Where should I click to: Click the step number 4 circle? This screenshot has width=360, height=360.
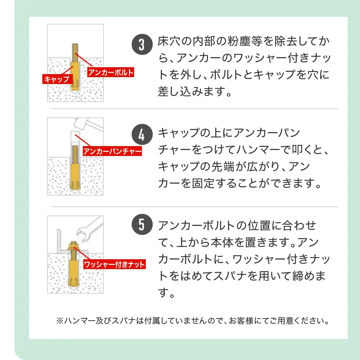click(x=142, y=135)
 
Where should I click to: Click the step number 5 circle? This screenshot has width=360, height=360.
click(x=142, y=224)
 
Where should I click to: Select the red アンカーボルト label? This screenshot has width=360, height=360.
click(x=111, y=72)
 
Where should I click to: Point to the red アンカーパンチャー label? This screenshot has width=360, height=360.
click(x=112, y=151)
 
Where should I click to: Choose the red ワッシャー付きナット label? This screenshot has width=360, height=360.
click(x=114, y=264)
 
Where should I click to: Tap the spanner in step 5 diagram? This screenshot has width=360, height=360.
click(x=89, y=231)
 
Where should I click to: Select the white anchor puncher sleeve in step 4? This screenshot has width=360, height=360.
click(x=75, y=138)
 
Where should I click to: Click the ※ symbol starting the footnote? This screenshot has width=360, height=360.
click(x=59, y=321)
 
